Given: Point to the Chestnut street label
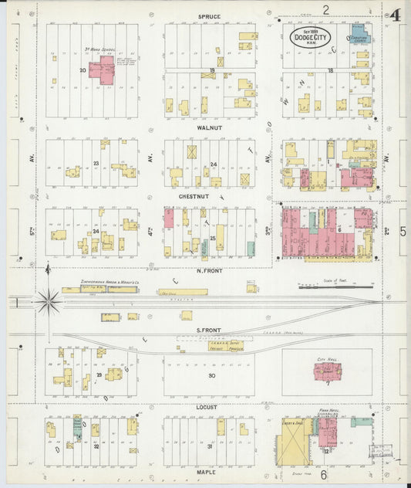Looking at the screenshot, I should (208, 196).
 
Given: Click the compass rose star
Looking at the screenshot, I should (49, 301).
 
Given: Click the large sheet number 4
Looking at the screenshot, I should (395, 15).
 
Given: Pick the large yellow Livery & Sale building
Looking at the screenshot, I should (295, 442).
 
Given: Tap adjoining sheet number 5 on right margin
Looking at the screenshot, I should (403, 231).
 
